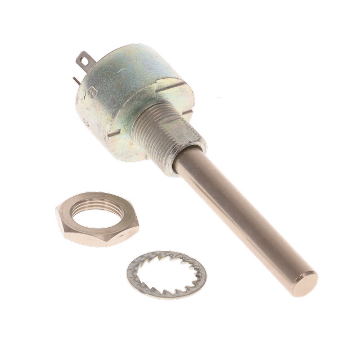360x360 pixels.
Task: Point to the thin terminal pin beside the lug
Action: pos(75,80)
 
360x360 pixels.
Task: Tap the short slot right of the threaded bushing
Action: pos(187,112)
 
